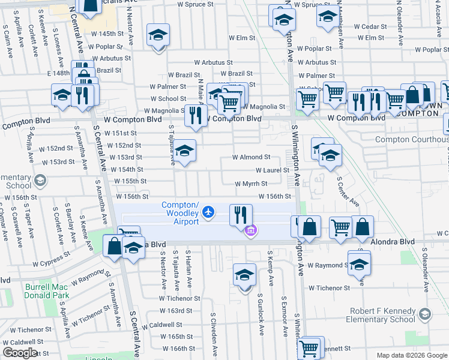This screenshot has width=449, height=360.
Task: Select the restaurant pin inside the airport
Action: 241,215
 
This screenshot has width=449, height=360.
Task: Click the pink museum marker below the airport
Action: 250,230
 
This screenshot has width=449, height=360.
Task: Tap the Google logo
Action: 20,352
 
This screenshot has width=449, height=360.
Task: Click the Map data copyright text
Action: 411,355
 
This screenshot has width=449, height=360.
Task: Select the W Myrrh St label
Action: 250,184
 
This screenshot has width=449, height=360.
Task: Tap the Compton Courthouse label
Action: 411,140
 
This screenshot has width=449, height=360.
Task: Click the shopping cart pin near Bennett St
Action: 310,347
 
